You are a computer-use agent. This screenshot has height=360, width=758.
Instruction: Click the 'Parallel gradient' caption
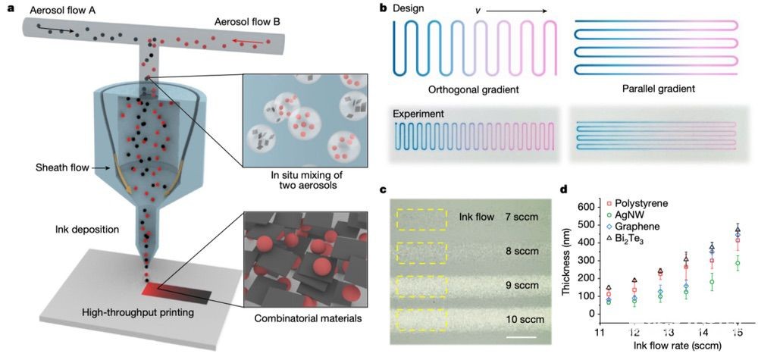(656, 89)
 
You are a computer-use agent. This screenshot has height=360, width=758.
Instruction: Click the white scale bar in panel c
(522, 337)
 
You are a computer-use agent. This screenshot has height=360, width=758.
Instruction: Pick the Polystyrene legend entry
(639, 203)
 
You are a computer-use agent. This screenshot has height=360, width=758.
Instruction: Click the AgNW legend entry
(625, 214)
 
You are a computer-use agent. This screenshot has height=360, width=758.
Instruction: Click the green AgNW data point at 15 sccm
(738, 263)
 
